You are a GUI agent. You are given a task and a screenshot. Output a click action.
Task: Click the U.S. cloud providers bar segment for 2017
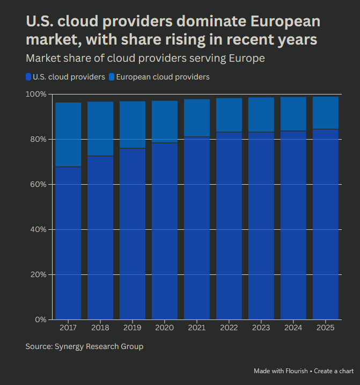(x=68, y=243)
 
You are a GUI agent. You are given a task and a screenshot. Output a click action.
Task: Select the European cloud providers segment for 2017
(x=68, y=134)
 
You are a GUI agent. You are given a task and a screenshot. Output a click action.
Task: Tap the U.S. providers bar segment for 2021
(x=197, y=228)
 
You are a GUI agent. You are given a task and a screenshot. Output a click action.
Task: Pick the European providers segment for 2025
(x=326, y=113)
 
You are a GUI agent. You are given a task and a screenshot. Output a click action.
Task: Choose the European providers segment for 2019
(x=133, y=125)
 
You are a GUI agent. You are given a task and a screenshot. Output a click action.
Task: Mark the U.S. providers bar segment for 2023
(x=261, y=226)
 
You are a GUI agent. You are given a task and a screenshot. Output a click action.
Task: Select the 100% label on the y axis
(x=36, y=95)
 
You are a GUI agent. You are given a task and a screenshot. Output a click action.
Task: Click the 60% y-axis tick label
(x=39, y=185)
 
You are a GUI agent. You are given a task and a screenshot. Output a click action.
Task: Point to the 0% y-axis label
(x=41, y=320)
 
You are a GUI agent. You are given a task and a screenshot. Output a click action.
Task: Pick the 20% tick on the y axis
(x=39, y=275)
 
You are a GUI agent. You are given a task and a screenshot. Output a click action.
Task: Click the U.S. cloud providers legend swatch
(x=28, y=77)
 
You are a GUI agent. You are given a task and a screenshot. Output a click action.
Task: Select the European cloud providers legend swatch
(x=112, y=77)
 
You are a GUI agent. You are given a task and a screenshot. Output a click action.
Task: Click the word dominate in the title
(x=206, y=22)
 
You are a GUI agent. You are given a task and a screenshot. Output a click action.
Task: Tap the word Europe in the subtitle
(x=245, y=58)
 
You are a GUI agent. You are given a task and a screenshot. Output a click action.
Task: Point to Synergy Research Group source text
(x=99, y=346)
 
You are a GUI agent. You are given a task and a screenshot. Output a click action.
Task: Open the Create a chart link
(x=334, y=371)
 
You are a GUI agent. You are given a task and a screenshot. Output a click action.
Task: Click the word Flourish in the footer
(x=297, y=371)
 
